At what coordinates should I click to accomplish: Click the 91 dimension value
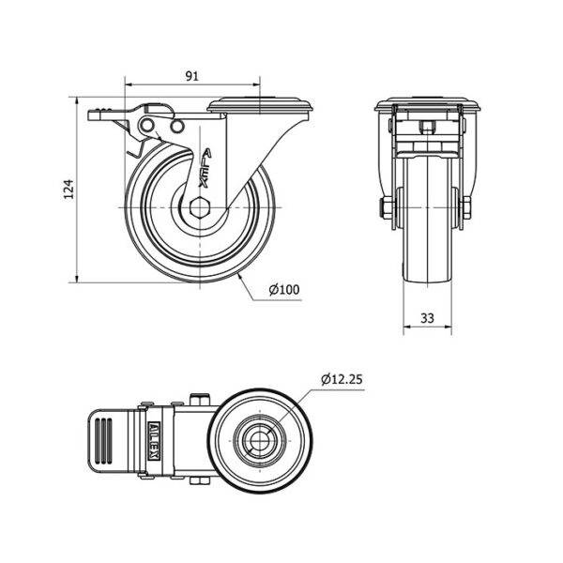click(191, 76)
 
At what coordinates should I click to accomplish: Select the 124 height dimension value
click(68, 190)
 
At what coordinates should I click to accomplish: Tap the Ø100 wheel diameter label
click(284, 289)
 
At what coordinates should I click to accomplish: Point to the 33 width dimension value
click(427, 318)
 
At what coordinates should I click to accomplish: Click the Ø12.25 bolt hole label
click(342, 379)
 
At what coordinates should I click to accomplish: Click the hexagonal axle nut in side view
click(199, 208)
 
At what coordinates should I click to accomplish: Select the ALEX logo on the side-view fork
click(205, 168)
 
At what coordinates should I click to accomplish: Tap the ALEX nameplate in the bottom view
click(154, 441)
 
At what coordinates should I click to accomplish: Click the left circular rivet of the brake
click(147, 126)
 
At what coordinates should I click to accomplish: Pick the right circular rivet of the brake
click(177, 127)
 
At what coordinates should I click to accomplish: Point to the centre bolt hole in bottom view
click(259, 441)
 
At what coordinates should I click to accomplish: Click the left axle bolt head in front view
click(386, 208)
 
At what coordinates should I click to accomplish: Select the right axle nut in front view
click(466, 208)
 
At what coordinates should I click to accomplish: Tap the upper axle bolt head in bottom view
click(200, 400)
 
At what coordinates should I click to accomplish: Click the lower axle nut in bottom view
click(200, 482)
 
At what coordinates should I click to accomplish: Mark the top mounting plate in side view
click(260, 104)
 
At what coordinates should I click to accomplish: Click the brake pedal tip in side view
click(94, 114)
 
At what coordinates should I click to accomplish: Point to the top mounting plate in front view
click(427, 104)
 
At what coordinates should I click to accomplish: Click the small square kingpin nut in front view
click(427, 128)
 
